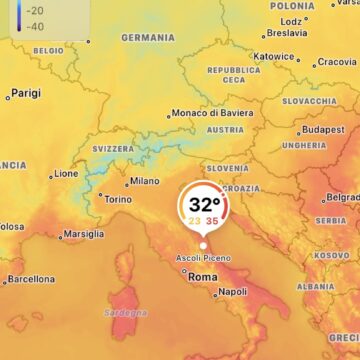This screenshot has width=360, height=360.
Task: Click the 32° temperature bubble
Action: pos(203,211)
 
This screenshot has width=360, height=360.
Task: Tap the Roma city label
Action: pos(203,276)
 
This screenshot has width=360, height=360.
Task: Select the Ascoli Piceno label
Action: pos(202,258)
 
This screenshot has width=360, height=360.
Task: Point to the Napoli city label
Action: pos(232,292)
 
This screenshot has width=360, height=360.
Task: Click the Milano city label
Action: pos(144,181)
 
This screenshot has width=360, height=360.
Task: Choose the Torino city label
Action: pos(117,199)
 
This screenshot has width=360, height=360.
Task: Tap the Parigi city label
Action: pos(26,93)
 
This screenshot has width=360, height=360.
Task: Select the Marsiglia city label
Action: pos(83,234)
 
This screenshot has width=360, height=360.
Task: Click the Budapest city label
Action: pos(323,129)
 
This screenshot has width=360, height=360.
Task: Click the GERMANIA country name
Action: pos(148,38)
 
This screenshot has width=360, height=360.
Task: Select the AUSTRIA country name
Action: pos(225,130)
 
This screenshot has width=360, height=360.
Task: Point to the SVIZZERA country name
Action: pos(113,148)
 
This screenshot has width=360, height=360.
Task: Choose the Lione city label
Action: pos(66,173)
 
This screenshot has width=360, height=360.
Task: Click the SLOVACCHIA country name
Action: pos(309,101)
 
